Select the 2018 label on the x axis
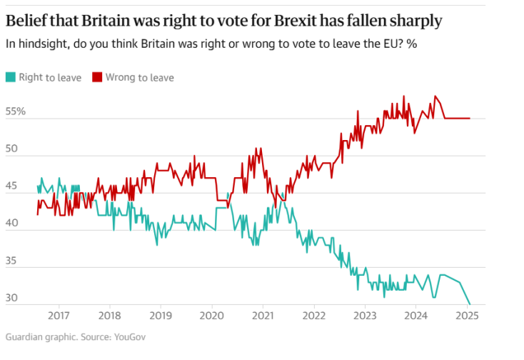click(109, 315)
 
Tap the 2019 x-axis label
click(161, 315)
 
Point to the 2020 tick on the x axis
click(211, 315)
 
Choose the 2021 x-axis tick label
click(263, 315)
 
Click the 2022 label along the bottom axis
click(314, 315)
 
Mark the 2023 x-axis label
click(366, 315)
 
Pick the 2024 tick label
click(416, 315)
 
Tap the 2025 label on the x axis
click(468, 315)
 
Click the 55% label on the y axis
click(16, 112)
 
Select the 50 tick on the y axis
click(13, 149)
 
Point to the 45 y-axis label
click(13, 187)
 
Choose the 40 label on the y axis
click(13, 224)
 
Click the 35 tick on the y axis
click(13, 261)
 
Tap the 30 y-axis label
click(13, 299)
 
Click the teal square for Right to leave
click(10, 77)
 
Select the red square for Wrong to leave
click(96, 77)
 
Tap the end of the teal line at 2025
click(470, 304)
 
